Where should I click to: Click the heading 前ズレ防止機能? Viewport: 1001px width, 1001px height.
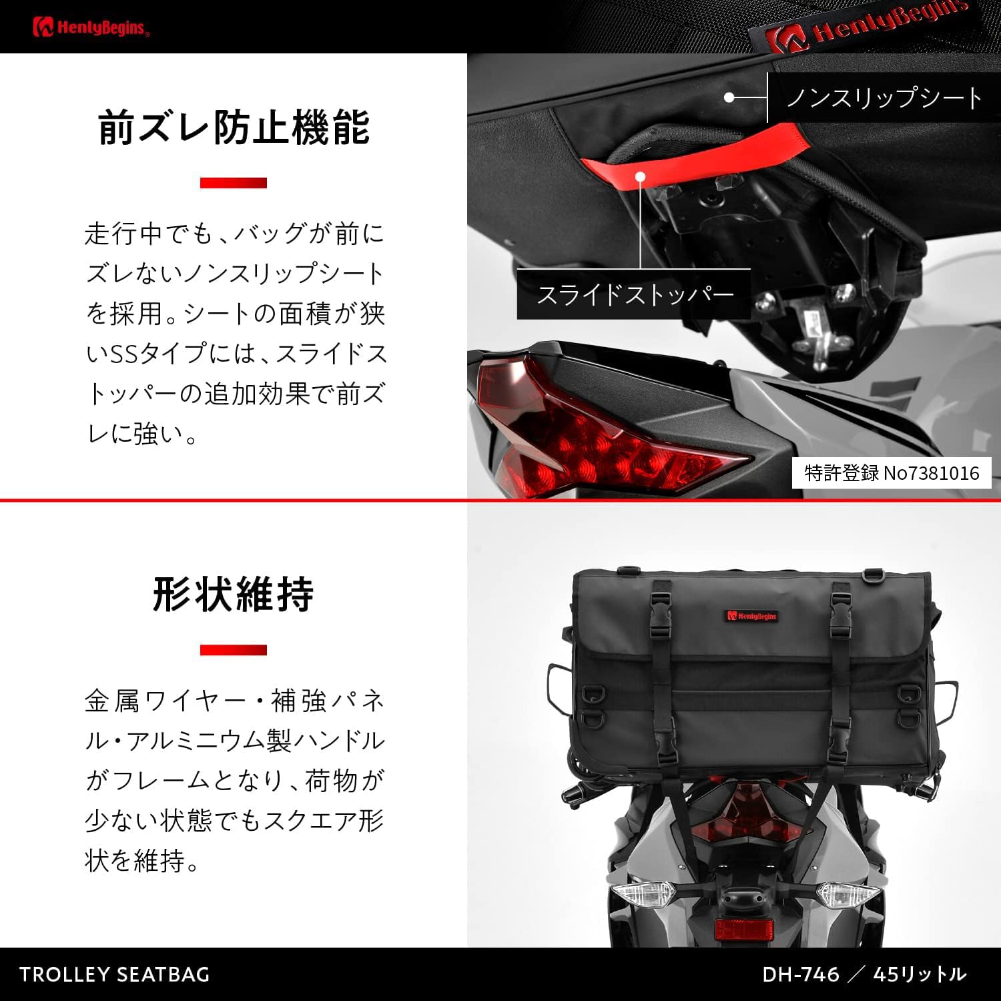point(234,127)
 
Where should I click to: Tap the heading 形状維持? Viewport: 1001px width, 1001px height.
point(234,594)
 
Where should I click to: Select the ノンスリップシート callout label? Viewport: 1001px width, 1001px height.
point(884,97)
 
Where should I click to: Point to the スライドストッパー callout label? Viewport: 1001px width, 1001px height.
point(634,294)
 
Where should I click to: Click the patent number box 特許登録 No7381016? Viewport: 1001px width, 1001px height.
point(892,473)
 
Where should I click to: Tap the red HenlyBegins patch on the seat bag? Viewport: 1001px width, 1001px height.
point(752,616)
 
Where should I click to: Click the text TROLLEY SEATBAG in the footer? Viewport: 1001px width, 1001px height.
point(115,974)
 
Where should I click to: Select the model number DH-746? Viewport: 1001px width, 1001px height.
point(801,974)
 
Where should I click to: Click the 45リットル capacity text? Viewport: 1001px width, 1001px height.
point(920,974)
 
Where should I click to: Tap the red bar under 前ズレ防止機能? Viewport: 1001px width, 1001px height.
point(234,183)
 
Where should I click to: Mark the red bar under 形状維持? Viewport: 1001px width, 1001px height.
point(234,650)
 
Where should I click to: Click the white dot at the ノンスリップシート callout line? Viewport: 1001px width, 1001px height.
point(729,97)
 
